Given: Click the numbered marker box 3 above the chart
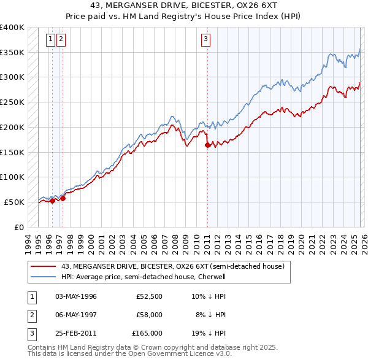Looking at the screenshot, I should (x=205, y=40).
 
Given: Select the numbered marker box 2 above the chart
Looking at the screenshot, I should (x=61, y=40).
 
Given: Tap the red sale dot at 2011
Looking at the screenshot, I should (x=207, y=145).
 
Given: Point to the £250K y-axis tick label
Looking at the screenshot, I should (x=12, y=102).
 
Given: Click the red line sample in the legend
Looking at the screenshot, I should (x=44, y=267).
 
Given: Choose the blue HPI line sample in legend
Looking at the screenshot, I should (x=44, y=277).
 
